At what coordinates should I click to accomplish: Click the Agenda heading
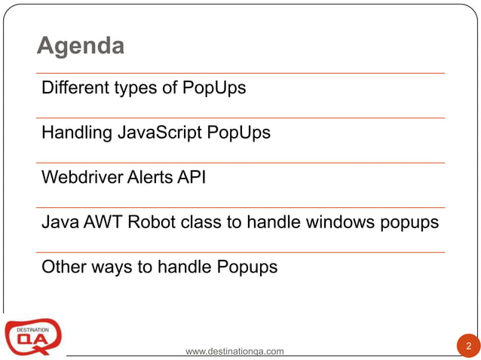click(x=81, y=47)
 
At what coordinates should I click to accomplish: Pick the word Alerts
click(x=148, y=178)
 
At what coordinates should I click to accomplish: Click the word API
click(x=191, y=178)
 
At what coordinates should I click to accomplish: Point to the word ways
click(x=109, y=268)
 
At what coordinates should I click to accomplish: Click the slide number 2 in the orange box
click(x=468, y=346)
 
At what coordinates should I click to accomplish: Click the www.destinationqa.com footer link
click(x=234, y=351)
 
